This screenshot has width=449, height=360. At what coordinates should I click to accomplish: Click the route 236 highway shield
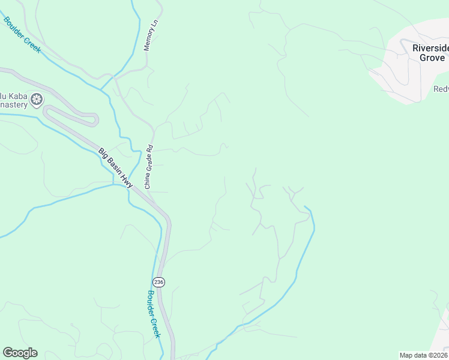158,282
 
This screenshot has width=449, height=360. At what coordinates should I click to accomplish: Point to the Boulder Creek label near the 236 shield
154,314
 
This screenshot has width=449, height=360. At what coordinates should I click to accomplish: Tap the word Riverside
430,48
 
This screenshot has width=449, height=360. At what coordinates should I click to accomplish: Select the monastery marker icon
37,99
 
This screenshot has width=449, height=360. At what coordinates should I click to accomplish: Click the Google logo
20,353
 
